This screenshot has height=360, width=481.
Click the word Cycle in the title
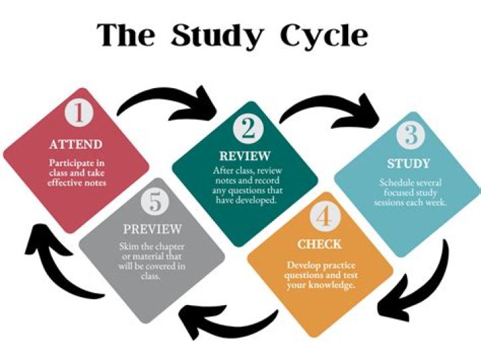coord(323,35)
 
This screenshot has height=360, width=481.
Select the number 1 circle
coord(79,112)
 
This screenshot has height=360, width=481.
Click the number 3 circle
coord(410,135)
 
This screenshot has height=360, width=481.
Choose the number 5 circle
coord(155,202)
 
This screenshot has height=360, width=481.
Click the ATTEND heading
coord(75,144)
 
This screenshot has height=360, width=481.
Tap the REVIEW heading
coord(245,156)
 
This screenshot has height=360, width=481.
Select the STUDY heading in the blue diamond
coord(408,164)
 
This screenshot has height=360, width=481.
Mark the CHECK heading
coord(319,244)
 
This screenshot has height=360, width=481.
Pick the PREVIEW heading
coord(152,228)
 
